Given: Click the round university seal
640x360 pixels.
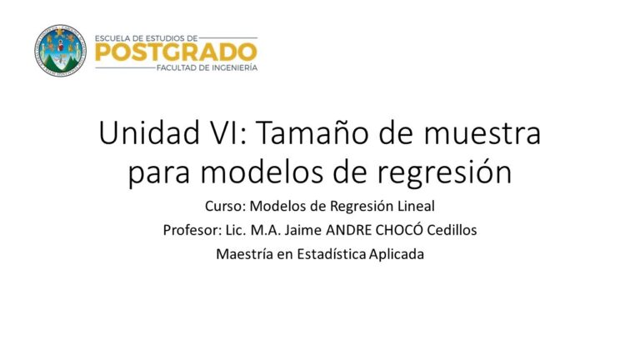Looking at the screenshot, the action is [x=60, y=51].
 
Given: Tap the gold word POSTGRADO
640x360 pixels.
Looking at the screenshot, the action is [x=176, y=52].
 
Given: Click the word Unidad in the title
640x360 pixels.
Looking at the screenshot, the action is [x=149, y=133].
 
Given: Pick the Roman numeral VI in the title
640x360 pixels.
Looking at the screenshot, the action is [x=229, y=133].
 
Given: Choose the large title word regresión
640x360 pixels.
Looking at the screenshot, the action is [x=443, y=172].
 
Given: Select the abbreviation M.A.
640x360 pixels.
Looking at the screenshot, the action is [x=265, y=230].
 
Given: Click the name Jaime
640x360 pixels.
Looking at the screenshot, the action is [x=302, y=230].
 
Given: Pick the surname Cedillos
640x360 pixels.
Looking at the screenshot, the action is [x=452, y=230].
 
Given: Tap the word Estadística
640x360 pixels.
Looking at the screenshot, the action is [x=331, y=254].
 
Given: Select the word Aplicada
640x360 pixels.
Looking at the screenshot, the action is [x=397, y=255].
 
